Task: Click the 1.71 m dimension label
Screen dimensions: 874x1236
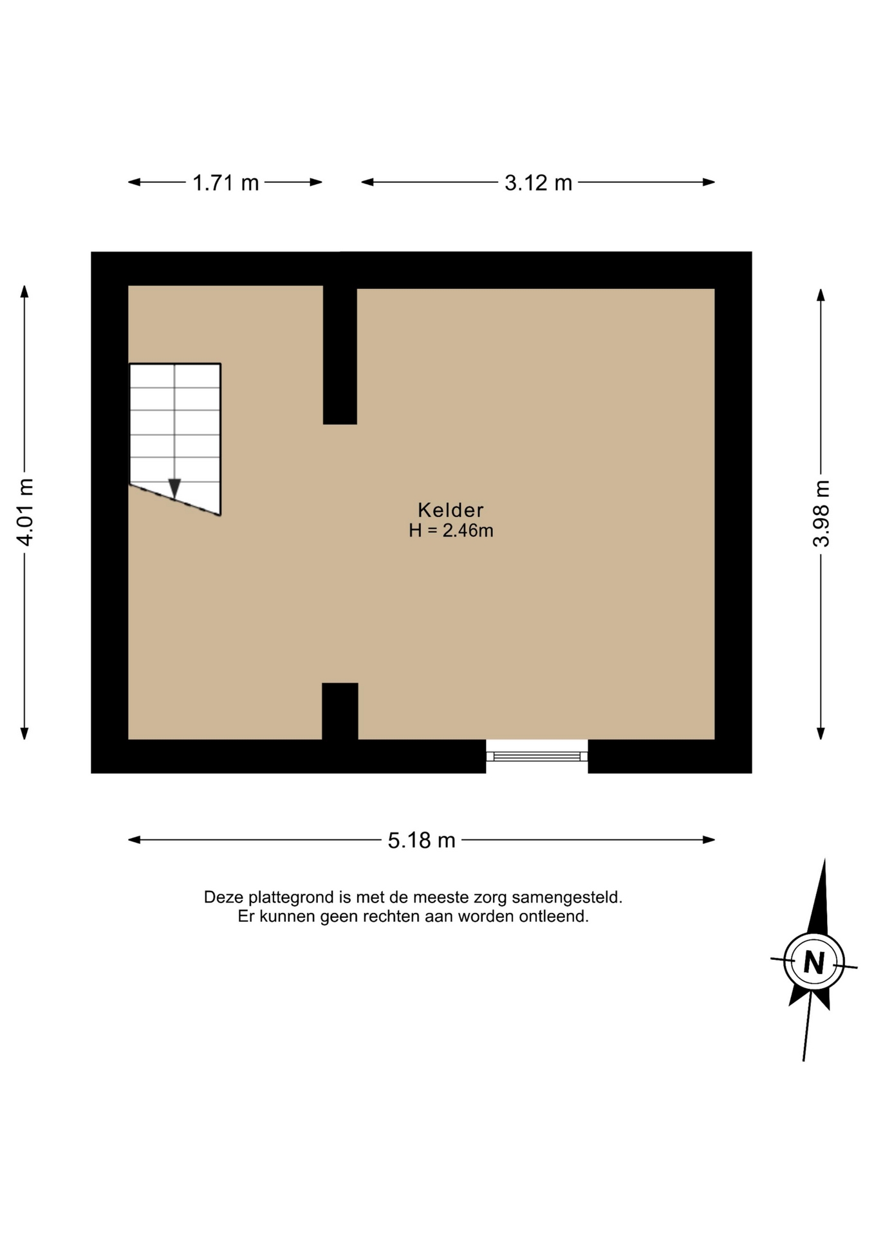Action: coord(226,183)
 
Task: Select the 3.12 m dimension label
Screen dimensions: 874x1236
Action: coord(538,183)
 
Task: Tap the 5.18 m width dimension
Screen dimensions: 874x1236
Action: coord(422,840)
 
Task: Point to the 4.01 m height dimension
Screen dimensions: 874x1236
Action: coord(24,512)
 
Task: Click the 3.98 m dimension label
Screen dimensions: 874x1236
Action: coord(821,514)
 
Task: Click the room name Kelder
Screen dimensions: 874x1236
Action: coord(451,510)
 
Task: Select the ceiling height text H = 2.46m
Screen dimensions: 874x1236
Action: coord(451,530)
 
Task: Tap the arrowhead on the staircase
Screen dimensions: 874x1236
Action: coord(174,489)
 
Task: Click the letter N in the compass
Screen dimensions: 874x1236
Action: coord(814,963)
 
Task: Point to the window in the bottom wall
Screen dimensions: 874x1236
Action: coord(537,755)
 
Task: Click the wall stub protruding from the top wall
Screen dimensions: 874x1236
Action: coord(340,354)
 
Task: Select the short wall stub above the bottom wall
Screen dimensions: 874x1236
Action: coord(340,711)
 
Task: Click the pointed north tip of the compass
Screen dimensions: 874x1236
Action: coord(824,859)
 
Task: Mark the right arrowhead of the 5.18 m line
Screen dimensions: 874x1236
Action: coord(709,839)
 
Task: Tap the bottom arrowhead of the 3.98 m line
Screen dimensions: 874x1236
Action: coord(821,733)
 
